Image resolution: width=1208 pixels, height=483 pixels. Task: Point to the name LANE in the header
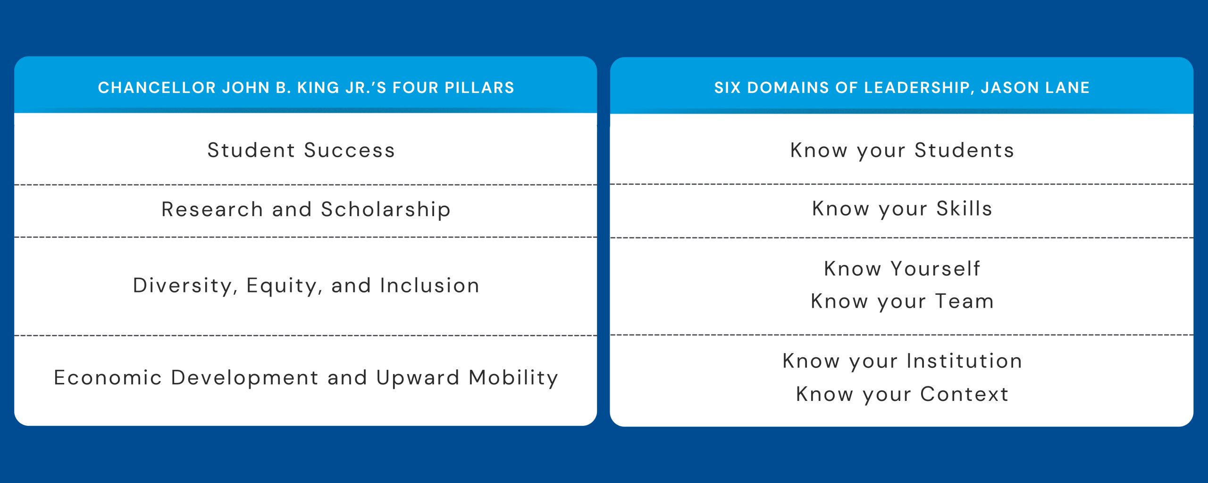point(1069,88)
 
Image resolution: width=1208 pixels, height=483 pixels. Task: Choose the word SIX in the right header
point(727,88)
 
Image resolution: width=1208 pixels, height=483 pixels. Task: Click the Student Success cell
point(301,150)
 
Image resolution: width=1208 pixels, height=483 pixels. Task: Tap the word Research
point(212,209)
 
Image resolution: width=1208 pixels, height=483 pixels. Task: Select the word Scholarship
point(386,209)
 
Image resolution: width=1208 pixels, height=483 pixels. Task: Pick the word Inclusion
point(429,286)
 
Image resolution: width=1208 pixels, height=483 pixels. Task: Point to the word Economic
point(108,378)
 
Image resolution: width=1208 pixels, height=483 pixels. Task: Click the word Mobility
point(513,378)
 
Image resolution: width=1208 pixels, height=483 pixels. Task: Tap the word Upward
point(418,378)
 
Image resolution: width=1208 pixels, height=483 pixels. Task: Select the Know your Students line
point(902,150)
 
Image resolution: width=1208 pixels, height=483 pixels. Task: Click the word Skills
point(964,209)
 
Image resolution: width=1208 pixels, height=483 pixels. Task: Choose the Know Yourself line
point(902,269)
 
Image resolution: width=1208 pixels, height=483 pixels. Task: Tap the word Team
point(965,301)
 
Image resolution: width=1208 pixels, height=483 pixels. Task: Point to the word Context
point(964,394)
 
